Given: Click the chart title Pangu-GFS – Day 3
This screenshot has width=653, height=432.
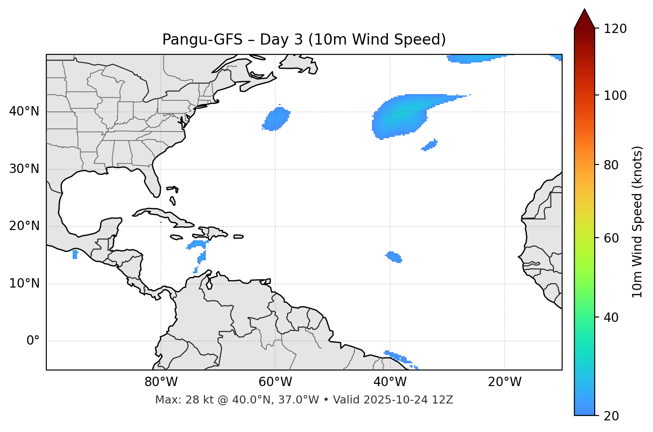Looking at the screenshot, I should (x=304, y=40).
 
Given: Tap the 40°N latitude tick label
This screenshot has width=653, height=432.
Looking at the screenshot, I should (x=24, y=111).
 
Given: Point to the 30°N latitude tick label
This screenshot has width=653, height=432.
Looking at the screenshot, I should (x=24, y=169).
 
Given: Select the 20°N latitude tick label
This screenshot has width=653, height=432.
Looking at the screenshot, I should (x=24, y=226).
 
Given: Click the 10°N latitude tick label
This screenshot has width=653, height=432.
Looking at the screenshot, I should (x=24, y=284).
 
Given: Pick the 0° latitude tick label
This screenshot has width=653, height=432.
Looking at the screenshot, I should (x=33, y=341).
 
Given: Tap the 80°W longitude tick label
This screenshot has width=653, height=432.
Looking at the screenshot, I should (x=161, y=382).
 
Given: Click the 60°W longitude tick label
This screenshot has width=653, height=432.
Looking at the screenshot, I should (x=275, y=382).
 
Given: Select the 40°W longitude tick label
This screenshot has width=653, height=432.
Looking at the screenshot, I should (x=390, y=382).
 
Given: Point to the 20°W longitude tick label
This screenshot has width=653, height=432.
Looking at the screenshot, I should (x=505, y=382).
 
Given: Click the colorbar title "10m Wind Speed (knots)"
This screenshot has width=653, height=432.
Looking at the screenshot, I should (x=637, y=222).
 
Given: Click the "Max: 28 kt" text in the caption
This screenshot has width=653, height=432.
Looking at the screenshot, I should (x=174, y=400).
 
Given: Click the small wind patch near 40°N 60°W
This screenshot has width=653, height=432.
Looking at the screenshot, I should (x=277, y=119).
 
